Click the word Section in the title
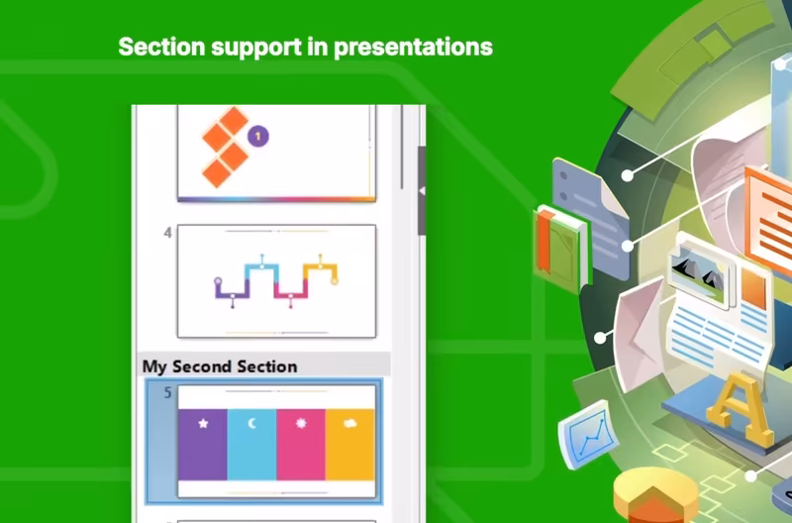[161, 47]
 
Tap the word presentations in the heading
[413, 48]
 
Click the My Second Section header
[220, 366]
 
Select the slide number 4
[167, 233]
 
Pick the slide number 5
[167, 392]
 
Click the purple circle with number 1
[258, 136]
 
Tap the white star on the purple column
[203, 423]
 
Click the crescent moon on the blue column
[252, 423]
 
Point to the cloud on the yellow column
[350, 423]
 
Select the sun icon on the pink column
[301, 423]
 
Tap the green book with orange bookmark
[560, 248]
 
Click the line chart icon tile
[587, 435]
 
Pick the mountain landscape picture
[701, 271]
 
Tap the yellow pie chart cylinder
[655, 495]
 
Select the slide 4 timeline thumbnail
[276, 281]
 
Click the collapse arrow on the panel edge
[422, 190]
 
